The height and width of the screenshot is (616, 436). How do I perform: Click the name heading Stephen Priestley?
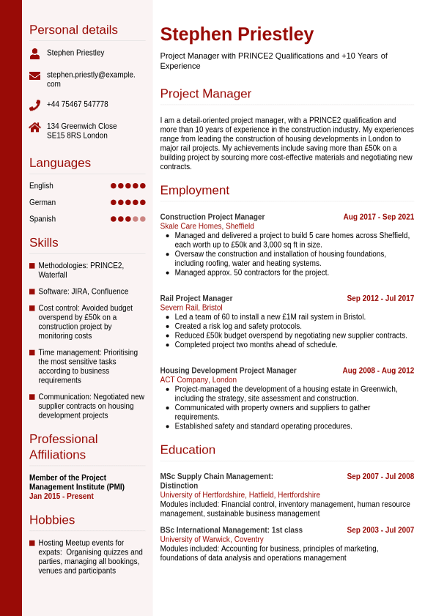coord(237,34)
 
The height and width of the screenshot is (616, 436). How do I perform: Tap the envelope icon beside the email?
coord(34,75)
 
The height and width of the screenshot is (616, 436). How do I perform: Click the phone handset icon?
coord(34,105)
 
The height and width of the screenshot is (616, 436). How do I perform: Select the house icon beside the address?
coord(34,127)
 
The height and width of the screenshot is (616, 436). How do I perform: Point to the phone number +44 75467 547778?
coord(77,105)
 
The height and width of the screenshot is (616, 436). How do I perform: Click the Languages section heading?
coord(60,163)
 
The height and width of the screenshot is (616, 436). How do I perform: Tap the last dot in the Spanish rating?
coord(143,219)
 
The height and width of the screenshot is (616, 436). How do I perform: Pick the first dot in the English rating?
coord(114,186)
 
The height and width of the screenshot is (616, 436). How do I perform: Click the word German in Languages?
coord(43,202)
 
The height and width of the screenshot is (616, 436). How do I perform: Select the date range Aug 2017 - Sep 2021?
coord(378,217)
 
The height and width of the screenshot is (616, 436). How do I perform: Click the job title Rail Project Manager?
coord(196,298)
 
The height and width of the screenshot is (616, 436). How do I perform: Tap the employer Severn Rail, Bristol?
coord(191,308)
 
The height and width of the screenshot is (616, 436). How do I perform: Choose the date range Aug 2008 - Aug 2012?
coord(378,371)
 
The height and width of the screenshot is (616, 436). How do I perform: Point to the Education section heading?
coord(188,450)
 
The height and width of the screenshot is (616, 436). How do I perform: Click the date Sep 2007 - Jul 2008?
coord(380,476)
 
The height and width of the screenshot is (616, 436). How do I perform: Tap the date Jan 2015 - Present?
coord(62,496)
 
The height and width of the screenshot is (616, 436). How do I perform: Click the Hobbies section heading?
coord(52,520)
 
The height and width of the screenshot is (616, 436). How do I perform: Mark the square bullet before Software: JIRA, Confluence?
coord(32,292)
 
